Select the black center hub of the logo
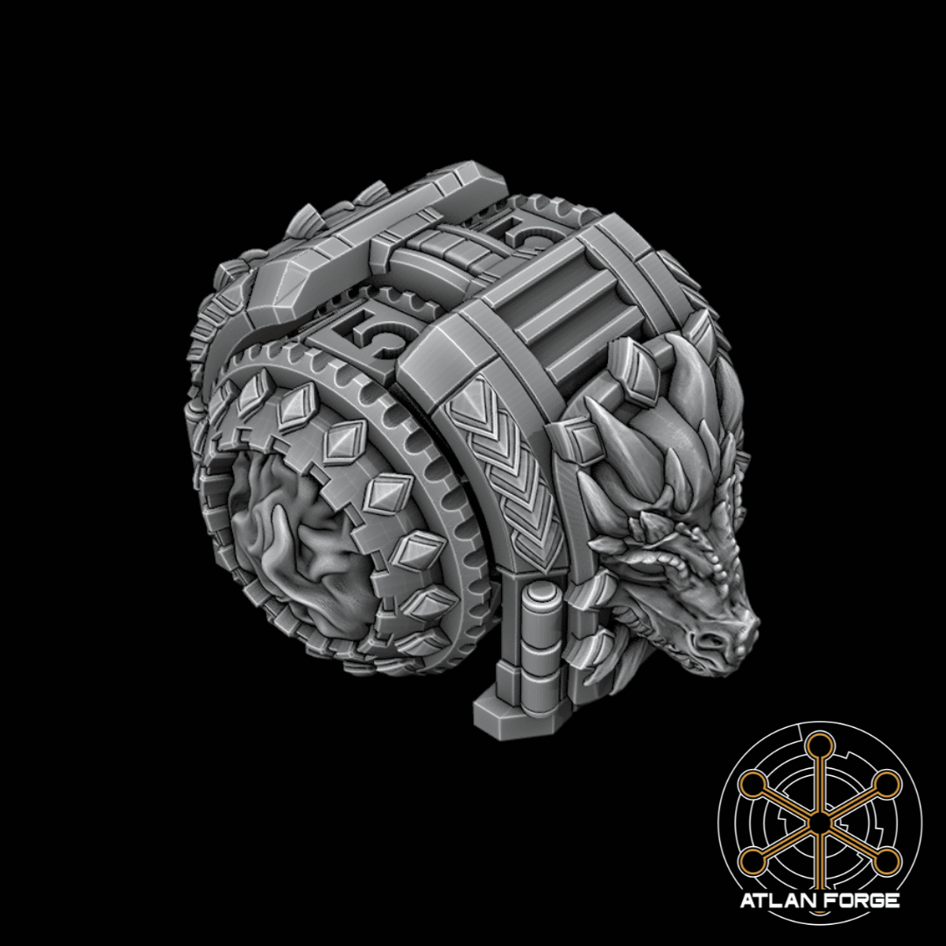pyautogui.click(x=819, y=823)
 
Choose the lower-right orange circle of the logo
pyautogui.click(x=886, y=862)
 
